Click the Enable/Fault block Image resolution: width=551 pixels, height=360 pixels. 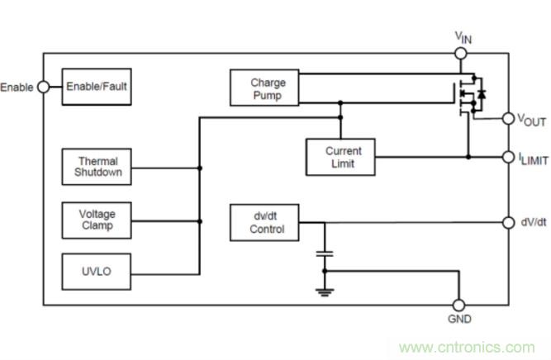[97, 86]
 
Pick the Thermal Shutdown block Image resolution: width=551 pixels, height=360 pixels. [97, 167]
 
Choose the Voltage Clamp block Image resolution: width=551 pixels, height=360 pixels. [97, 219]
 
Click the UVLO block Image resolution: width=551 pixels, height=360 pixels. [97, 271]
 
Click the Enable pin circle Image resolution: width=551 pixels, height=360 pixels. [43, 87]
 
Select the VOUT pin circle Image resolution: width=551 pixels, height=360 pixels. [507, 119]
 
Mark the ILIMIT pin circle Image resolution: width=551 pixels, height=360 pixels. [507, 156]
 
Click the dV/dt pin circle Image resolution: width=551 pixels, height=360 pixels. [507, 222]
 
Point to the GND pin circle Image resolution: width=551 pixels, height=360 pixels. [459, 306]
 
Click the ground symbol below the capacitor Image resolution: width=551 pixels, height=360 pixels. [325, 288]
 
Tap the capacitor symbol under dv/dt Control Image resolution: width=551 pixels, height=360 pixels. [325, 251]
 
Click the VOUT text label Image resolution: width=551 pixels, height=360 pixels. [531, 121]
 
